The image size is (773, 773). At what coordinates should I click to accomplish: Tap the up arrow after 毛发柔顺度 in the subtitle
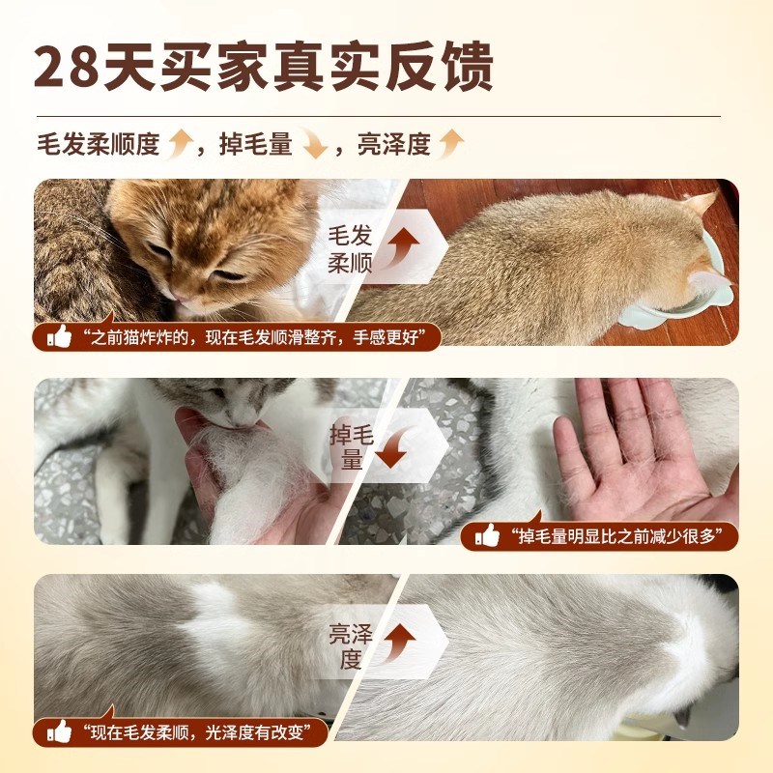tap(179, 145)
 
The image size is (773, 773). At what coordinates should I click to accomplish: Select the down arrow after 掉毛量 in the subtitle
tap(312, 145)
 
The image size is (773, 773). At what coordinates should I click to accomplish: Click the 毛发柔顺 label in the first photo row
tap(349, 248)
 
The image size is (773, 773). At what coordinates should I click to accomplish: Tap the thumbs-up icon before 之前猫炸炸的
tap(60, 337)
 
